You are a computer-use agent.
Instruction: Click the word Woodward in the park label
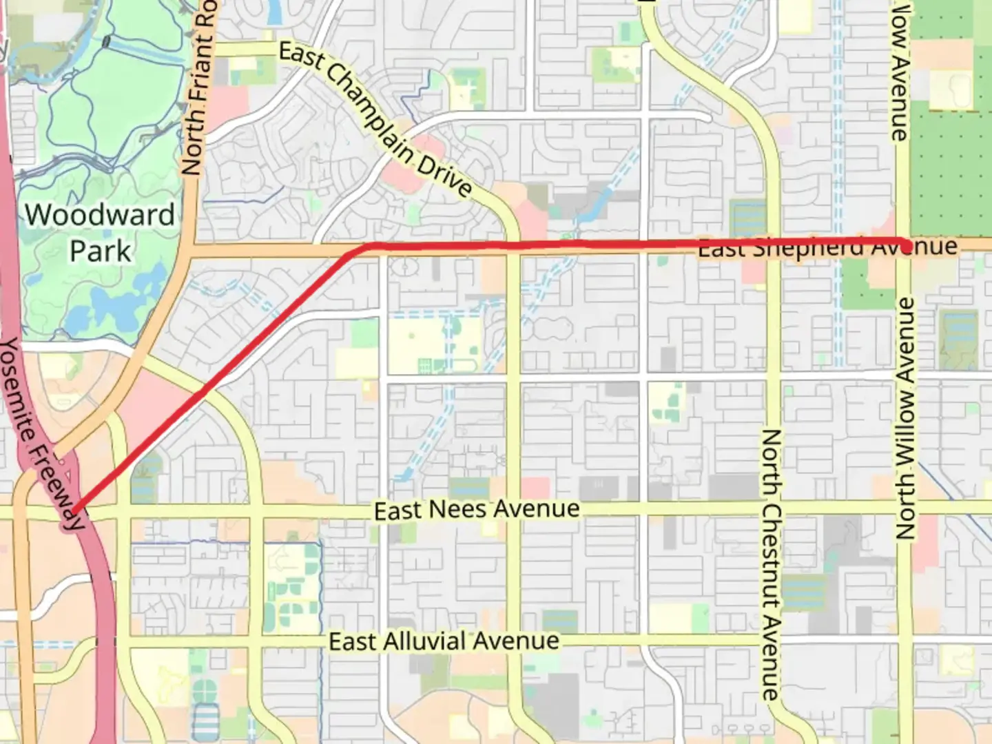tap(100, 215)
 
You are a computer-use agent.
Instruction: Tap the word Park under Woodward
tap(100, 250)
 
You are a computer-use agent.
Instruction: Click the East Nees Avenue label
tap(477, 510)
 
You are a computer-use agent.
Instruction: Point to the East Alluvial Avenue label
tap(444, 641)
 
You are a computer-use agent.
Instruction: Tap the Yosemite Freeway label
tap(41, 434)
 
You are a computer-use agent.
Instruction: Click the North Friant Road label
tap(199, 90)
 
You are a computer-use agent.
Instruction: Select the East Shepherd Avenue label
tap(827, 247)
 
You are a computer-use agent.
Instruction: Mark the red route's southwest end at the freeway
tap(74, 510)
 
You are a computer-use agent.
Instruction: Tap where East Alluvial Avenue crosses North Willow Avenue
tap(906, 641)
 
